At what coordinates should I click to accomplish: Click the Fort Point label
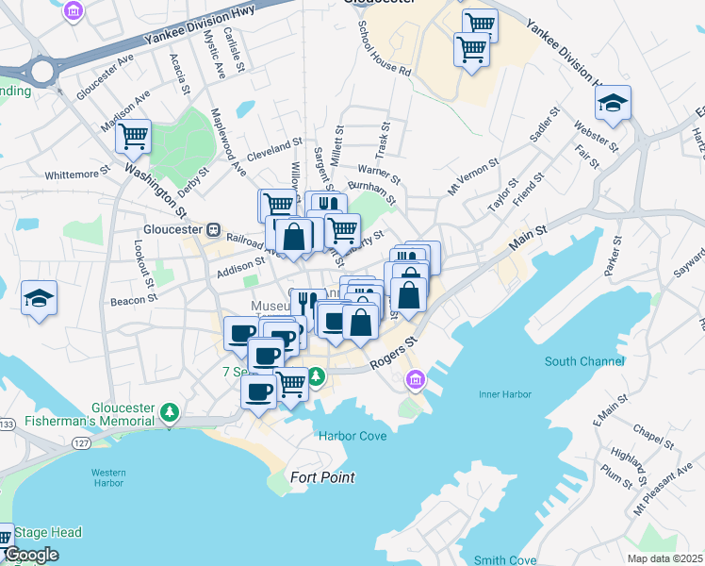(x=322, y=477)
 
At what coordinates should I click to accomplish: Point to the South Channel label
(x=583, y=361)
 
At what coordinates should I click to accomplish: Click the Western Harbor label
(x=107, y=477)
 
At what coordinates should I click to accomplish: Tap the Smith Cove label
(x=504, y=560)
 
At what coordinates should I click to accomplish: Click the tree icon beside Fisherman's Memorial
(x=170, y=412)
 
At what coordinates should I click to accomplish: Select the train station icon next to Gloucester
(x=214, y=229)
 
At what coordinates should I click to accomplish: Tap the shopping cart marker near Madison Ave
(x=133, y=137)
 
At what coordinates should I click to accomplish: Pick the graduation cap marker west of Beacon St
(x=39, y=298)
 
